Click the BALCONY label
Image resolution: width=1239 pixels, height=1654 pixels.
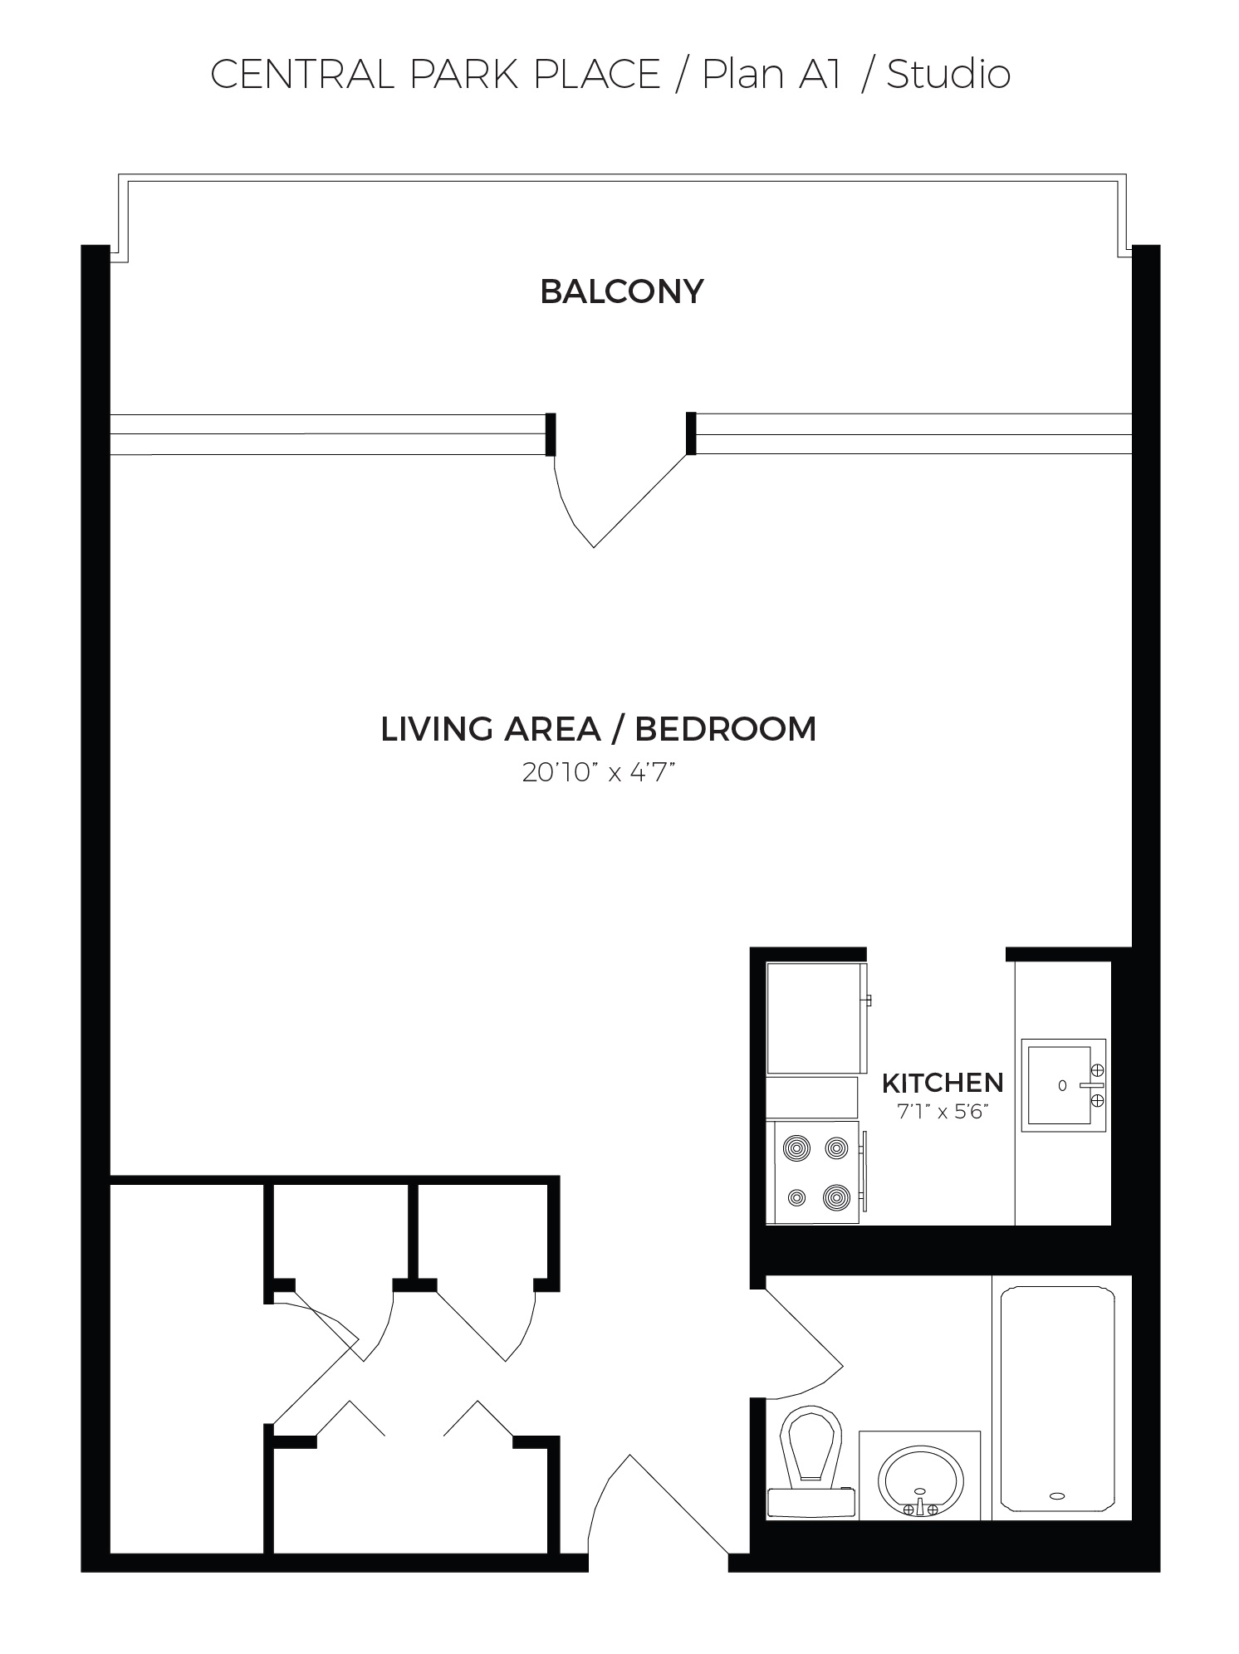click(622, 291)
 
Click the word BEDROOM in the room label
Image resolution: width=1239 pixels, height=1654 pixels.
click(726, 729)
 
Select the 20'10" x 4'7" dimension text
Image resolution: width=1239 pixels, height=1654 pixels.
click(597, 773)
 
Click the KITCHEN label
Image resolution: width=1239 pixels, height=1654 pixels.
click(943, 1083)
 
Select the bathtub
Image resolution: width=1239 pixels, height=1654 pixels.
click(1056, 1399)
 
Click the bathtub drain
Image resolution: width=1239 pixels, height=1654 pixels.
click(1056, 1495)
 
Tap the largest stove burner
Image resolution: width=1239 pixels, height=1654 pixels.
click(836, 1197)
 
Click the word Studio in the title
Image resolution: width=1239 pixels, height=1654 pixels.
click(948, 75)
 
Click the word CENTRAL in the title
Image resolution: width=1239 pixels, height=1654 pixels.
click(304, 75)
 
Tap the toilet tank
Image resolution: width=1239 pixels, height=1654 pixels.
click(811, 1501)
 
